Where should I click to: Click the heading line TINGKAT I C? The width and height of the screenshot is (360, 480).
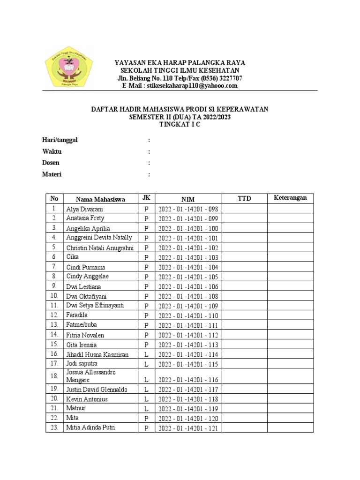click(180, 125)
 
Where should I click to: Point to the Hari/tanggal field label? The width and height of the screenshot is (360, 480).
click(60, 140)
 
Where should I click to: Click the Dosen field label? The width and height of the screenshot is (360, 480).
click(51, 163)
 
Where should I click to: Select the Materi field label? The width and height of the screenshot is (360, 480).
click(52, 174)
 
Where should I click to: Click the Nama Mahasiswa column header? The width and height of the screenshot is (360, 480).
click(100, 199)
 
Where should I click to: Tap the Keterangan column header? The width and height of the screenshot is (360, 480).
click(290, 198)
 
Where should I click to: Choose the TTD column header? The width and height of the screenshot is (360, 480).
click(244, 199)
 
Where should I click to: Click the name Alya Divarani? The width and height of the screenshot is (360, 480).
click(85, 209)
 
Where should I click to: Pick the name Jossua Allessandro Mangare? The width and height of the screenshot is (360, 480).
click(91, 376)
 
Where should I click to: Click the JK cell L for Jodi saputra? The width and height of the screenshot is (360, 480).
click(146, 364)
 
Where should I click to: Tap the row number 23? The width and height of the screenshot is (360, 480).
click(54, 427)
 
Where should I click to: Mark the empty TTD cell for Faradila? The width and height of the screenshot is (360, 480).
click(244, 316)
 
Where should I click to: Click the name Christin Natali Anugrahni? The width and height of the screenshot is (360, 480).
click(100, 247)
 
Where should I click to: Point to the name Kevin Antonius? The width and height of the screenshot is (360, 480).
click(87, 399)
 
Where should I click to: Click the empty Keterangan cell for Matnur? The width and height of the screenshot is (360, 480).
click(290, 409)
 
